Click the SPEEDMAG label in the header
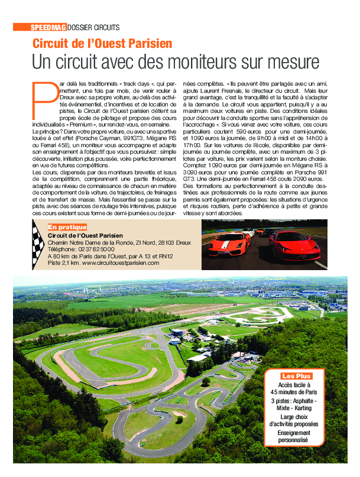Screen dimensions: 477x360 tap(48, 27)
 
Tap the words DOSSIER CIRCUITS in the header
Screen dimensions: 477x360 tap(93, 27)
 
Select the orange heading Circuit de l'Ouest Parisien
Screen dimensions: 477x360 tap(103, 43)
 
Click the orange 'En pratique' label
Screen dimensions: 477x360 tap(67, 227)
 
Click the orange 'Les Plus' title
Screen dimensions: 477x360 tap(296, 376)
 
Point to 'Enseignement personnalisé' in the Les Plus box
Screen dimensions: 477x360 tap(294, 437)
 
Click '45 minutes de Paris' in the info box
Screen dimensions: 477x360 tap(294, 392)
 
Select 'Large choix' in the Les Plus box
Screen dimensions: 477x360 tap(294, 417)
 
